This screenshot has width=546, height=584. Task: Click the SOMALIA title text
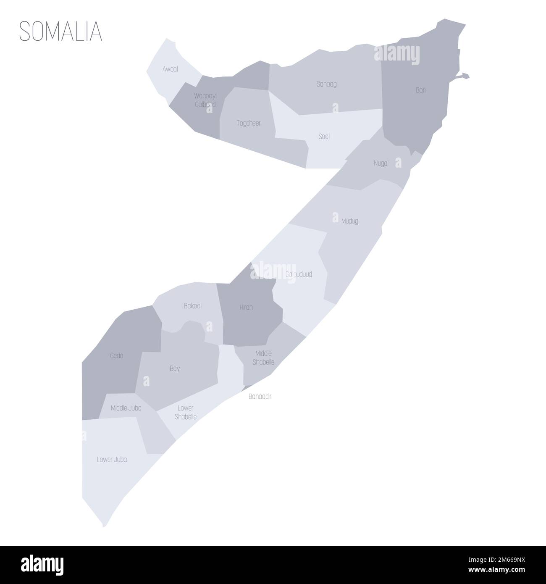click(61, 31)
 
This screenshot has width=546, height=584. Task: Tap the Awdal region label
click(170, 69)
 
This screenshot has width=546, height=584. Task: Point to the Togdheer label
click(249, 123)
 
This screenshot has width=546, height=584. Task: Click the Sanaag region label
click(326, 84)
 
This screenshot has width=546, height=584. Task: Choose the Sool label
click(324, 137)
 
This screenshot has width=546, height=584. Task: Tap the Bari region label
click(420, 89)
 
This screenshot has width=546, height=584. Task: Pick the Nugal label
click(381, 163)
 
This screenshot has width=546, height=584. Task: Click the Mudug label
click(350, 221)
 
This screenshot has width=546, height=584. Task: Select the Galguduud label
click(299, 274)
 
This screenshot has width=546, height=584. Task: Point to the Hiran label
click(246, 307)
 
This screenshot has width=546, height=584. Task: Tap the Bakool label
click(193, 306)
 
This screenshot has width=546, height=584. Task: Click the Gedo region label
click(117, 355)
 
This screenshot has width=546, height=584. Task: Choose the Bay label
click(175, 368)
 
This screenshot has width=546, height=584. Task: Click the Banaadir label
click(260, 396)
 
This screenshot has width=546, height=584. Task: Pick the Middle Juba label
click(126, 408)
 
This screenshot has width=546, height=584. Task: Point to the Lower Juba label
click(112, 460)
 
